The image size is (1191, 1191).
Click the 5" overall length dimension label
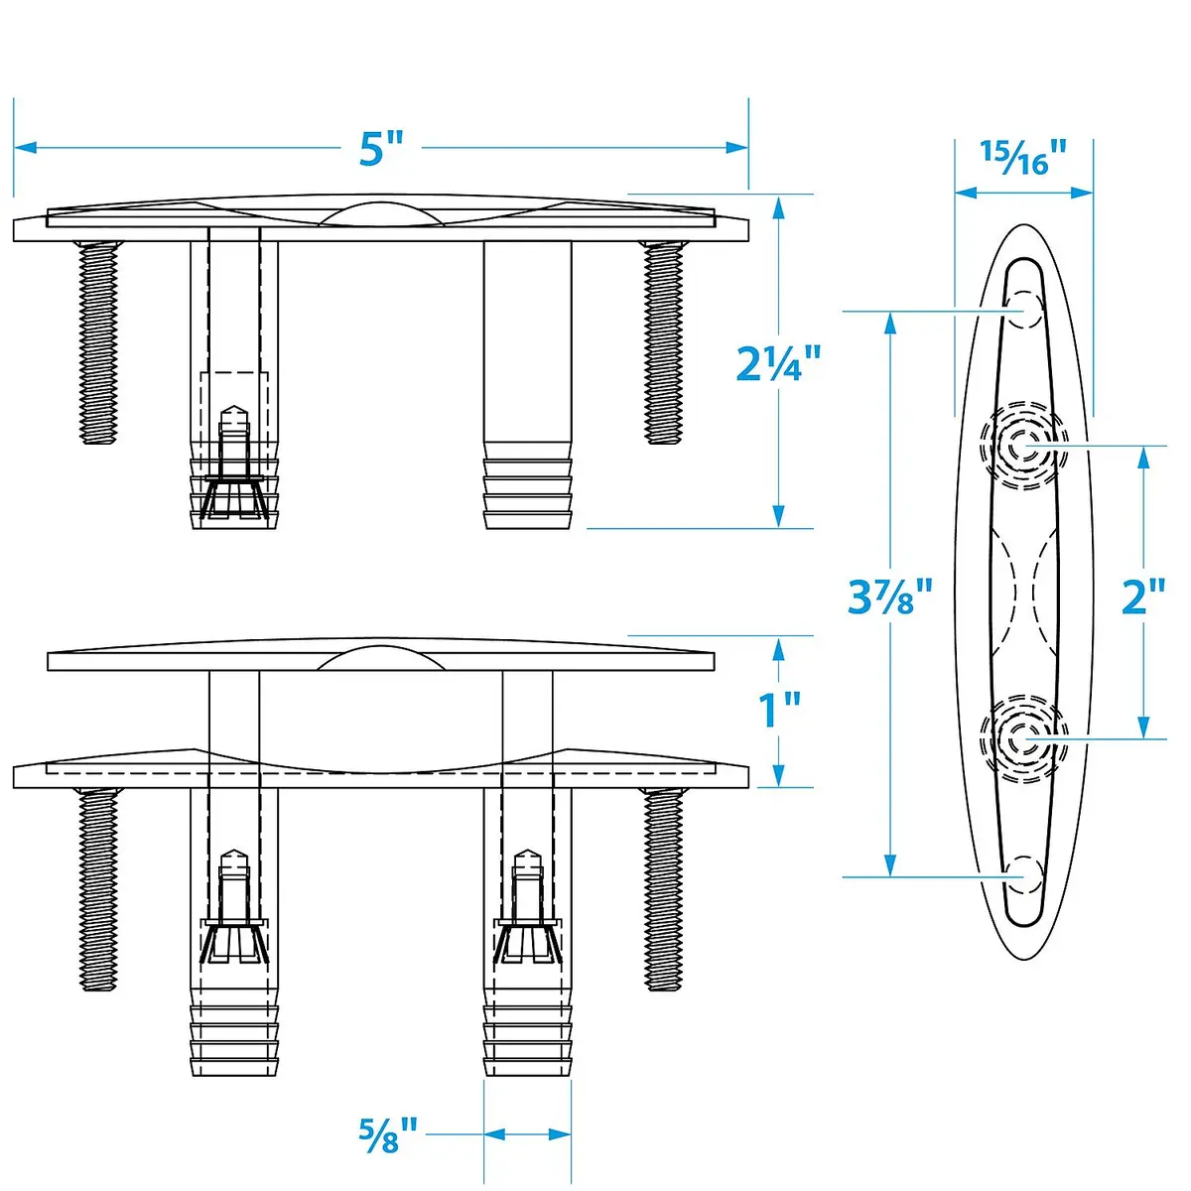point(381,148)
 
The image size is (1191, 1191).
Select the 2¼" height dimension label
point(777,363)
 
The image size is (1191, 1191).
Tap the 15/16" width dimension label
point(1023,158)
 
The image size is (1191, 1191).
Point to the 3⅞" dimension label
point(888,596)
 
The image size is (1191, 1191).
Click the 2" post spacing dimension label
point(1143,596)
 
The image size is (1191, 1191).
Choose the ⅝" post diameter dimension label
point(388,1134)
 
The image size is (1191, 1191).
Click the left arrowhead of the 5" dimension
point(26,148)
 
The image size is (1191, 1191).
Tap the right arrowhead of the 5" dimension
point(736,148)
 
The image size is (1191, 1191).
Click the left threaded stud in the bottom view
point(97,890)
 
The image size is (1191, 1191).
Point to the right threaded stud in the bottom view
point(663,890)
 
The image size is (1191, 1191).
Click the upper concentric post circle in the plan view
point(1023,446)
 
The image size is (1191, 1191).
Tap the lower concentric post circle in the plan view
point(1023,739)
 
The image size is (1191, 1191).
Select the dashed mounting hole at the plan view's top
point(1023,310)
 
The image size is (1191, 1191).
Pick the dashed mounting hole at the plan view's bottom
point(1023,876)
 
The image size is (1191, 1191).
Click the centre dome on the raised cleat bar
point(380,658)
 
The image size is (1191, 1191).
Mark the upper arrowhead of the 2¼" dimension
point(778,208)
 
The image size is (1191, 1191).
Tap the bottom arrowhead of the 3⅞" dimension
point(890,864)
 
